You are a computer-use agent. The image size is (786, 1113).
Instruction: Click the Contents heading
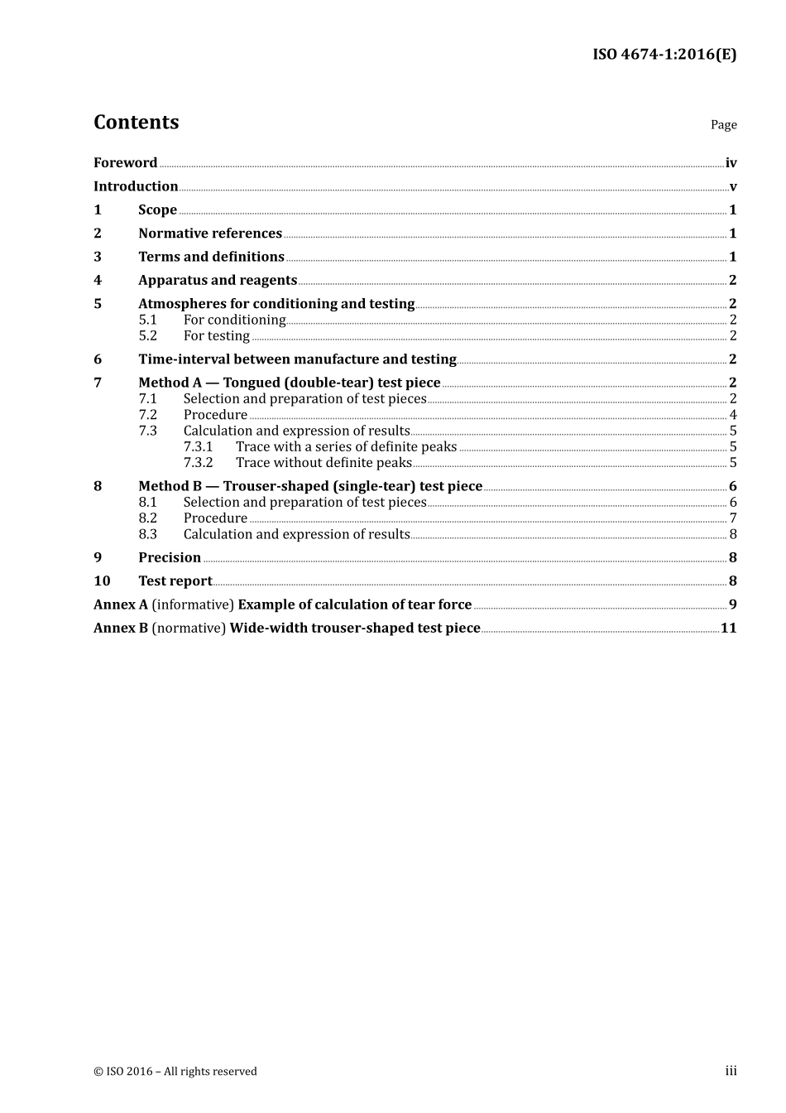click(136, 123)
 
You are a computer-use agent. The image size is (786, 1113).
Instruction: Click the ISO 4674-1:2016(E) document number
click(664, 55)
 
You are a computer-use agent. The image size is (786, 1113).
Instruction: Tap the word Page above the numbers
click(723, 125)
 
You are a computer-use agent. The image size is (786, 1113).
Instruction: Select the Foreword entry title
click(125, 163)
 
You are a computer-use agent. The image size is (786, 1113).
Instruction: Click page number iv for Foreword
click(731, 163)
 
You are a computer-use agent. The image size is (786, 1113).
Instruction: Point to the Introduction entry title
click(136, 186)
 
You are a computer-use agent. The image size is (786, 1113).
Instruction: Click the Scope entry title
click(157, 210)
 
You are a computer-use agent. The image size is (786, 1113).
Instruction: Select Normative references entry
click(210, 234)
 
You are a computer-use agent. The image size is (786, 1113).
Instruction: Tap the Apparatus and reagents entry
click(218, 281)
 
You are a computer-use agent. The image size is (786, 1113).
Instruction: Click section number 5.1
click(147, 320)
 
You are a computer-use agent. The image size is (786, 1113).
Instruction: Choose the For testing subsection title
click(216, 336)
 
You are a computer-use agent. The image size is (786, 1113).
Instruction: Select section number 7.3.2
click(198, 463)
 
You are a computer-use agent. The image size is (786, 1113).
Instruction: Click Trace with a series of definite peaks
click(346, 447)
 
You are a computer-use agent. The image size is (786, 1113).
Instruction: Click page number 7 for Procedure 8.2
click(733, 518)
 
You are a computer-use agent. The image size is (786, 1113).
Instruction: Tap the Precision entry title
click(170, 558)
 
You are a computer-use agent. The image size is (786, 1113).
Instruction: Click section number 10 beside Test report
click(102, 581)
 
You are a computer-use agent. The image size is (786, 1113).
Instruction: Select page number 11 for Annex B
click(728, 629)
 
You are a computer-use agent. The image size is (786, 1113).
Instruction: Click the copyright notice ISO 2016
click(175, 1072)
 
